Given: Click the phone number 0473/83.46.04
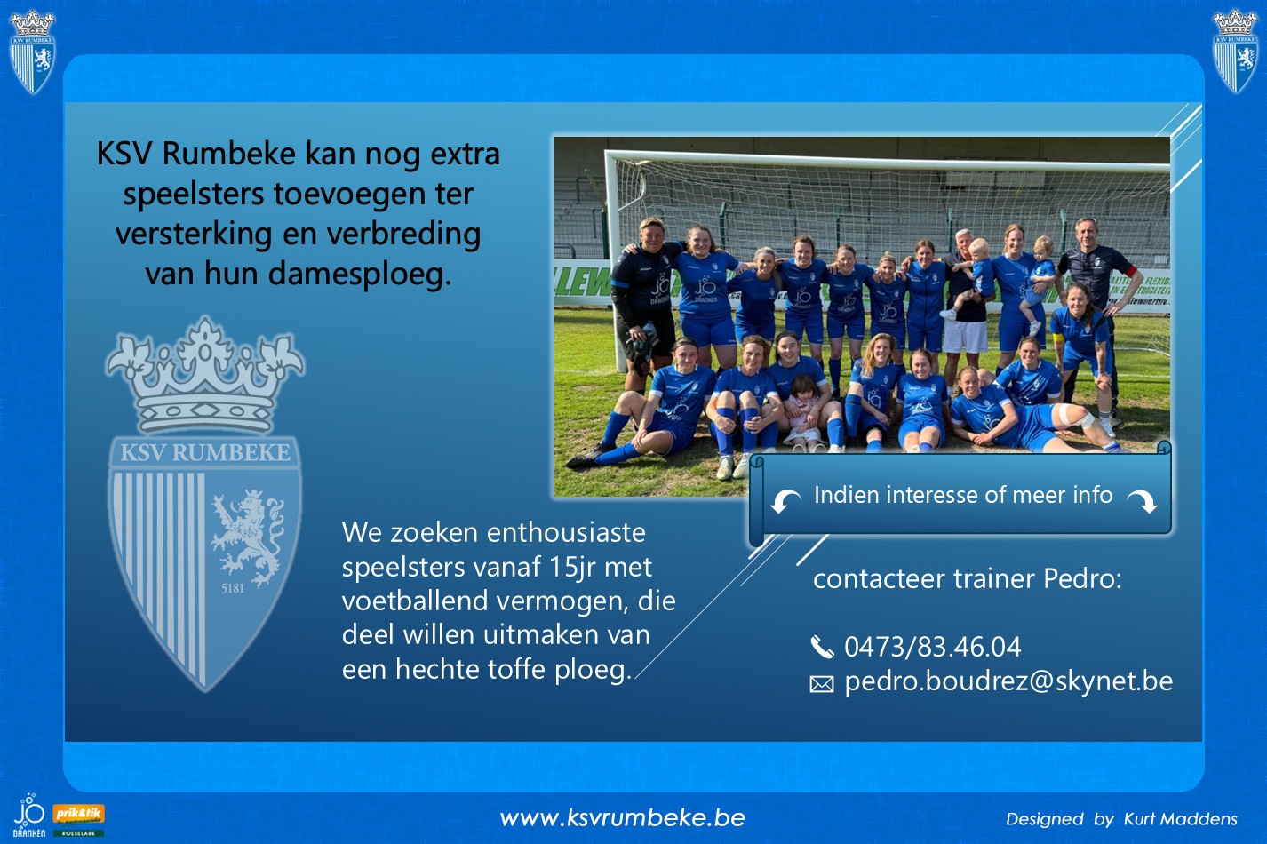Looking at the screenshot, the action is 932,647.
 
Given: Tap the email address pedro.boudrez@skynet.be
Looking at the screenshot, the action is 1008,681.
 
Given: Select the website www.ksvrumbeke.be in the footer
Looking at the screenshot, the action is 622,818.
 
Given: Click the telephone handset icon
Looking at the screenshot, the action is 822,647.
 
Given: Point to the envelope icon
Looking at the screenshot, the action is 822,684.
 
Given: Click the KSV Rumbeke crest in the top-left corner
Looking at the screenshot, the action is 32,52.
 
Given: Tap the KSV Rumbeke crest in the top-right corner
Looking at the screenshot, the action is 1235,51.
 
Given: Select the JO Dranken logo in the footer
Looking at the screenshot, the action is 29,816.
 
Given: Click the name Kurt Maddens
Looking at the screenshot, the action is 1181,819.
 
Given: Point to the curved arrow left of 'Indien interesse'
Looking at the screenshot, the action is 785,501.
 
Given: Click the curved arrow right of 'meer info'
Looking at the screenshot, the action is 1142,501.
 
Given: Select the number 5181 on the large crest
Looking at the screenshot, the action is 233,588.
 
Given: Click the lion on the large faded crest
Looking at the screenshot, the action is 247,538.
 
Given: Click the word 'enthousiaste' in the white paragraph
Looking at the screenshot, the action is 566,533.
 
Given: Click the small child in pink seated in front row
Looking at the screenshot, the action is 802,411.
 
